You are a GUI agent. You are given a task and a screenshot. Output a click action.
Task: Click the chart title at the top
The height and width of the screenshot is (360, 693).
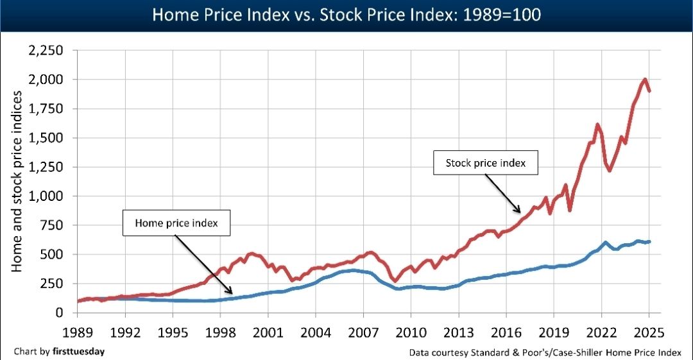click(x=346, y=14)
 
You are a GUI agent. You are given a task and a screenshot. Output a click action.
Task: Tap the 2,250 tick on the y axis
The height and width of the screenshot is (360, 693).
click(x=46, y=51)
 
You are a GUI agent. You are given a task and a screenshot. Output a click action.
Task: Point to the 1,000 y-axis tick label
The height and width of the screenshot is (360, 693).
click(x=46, y=196)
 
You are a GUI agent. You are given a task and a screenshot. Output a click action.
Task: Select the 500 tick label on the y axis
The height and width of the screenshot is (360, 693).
click(x=53, y=254)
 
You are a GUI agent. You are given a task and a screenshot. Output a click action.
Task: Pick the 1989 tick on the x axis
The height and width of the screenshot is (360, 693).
click(x=77, y=332)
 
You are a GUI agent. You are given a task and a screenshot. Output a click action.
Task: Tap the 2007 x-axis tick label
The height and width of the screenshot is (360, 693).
click(x=363, y=332)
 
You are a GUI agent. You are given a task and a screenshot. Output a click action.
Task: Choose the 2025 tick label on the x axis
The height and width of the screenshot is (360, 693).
click(x=649, y=332)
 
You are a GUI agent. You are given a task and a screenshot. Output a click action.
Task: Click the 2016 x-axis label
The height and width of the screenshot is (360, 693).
click(x=506, y=332)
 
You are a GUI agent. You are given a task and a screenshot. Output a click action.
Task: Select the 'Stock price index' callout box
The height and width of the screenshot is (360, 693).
click(x=486, y=163)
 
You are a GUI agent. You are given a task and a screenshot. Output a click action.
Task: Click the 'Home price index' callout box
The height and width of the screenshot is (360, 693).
click(x=176, y=223)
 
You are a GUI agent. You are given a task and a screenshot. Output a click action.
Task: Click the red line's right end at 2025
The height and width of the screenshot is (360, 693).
click(x=649, y=91)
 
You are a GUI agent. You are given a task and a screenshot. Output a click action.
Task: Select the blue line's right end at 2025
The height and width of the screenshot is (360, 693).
click(x=649, y=242)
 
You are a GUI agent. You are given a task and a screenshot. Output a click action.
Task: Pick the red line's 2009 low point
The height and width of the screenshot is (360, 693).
click(x=396, y=280)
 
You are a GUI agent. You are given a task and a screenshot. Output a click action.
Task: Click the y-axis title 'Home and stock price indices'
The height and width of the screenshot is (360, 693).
click(x=17, y=181)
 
